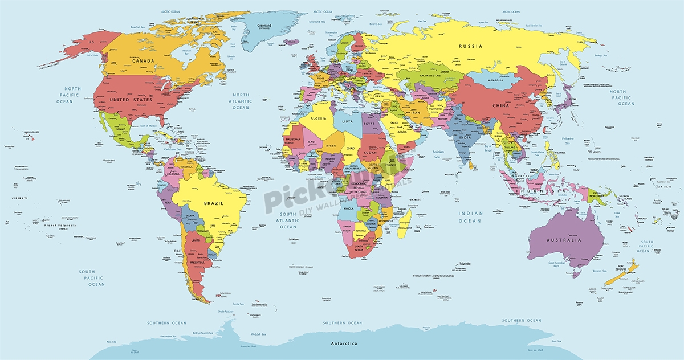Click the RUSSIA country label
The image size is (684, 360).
(x=471, y=46)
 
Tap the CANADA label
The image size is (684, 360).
(x=144, y=61)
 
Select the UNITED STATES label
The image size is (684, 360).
(x=132, y=100)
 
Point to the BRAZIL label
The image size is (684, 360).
(x=214, y=203)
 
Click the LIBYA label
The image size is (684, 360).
(x=347, y=121)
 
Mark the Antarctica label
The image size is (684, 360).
(x=345, y=344)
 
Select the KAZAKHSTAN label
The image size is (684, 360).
(x=431, y=75)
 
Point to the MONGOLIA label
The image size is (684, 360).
(x=494, y=81)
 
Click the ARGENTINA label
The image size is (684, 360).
(x=199, y=261)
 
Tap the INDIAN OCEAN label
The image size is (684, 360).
(x=471, y=217)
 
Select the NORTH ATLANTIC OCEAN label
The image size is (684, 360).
(x=241, y=101)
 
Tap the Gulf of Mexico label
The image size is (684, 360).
(x=141, y=125)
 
